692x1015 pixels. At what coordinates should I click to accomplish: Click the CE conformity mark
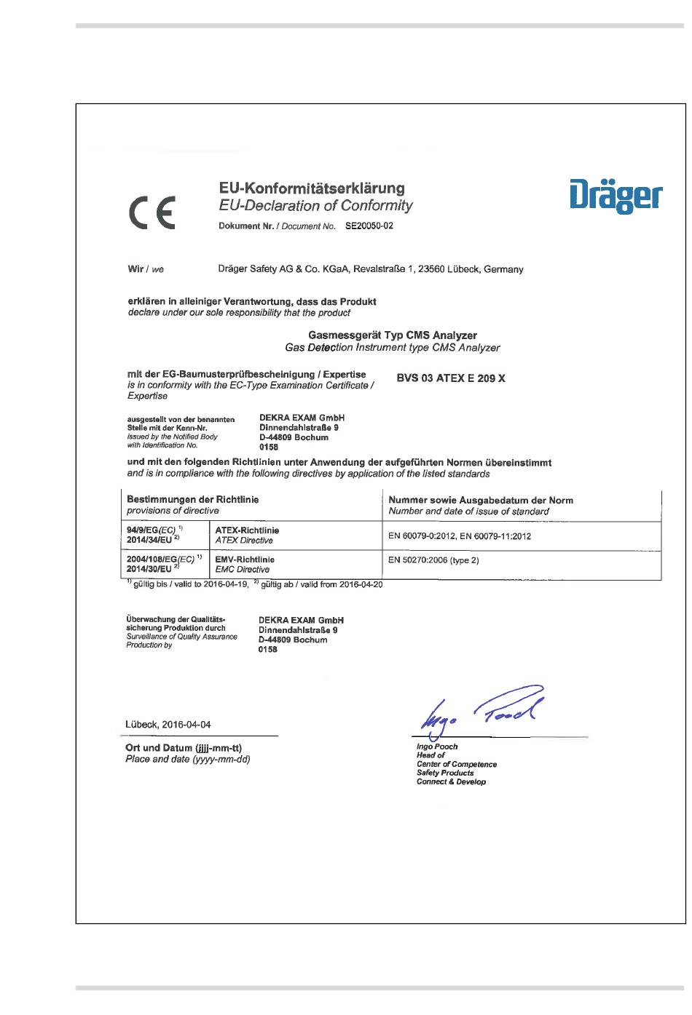point(152,213)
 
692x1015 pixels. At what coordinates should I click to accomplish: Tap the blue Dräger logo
point(616,195)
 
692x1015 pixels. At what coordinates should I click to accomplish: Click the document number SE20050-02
point(369,226)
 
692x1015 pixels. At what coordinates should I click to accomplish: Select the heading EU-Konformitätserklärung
point(312,188)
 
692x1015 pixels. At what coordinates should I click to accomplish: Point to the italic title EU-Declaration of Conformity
point(315,206)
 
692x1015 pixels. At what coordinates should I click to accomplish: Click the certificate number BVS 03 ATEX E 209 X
point(450,378)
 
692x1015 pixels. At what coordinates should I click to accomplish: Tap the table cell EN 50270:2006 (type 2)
point(433,560)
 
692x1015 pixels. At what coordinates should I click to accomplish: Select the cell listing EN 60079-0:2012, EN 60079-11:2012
point(460,536)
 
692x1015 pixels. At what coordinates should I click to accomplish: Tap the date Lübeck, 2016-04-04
point(168,725)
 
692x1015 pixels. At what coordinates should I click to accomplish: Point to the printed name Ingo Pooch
point(437,747)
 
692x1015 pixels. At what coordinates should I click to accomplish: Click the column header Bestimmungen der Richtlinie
point(192,500)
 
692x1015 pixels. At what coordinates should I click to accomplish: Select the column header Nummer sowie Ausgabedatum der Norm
point(481,501)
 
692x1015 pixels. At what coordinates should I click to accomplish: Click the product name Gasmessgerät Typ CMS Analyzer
point(393,335)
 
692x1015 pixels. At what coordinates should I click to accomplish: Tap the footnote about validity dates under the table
point(255,584)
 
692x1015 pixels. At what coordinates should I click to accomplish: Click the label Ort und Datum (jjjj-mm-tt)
point(184,748)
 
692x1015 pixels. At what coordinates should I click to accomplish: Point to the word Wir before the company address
point(135,269)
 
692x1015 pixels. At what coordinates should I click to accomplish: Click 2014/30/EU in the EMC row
point(149,569)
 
